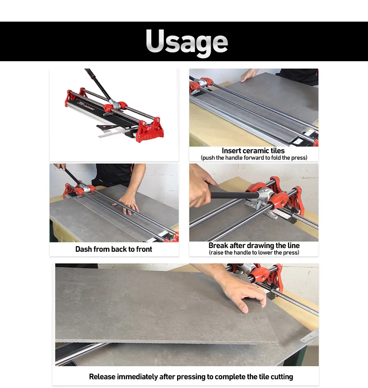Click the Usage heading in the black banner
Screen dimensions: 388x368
[186, 41]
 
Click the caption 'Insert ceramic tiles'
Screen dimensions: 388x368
[253, 151]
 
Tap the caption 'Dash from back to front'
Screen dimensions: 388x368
[114, 249]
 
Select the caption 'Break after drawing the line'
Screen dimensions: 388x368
[253, 245]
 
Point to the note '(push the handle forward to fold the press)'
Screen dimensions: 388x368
[253, 158]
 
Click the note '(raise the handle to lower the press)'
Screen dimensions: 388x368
[253, 253]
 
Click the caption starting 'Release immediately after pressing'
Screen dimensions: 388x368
[190, 376]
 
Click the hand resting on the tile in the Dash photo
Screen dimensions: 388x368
[128, 203]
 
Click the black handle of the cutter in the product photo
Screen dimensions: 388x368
[98, 85]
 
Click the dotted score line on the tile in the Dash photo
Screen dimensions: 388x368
[106, 216]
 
